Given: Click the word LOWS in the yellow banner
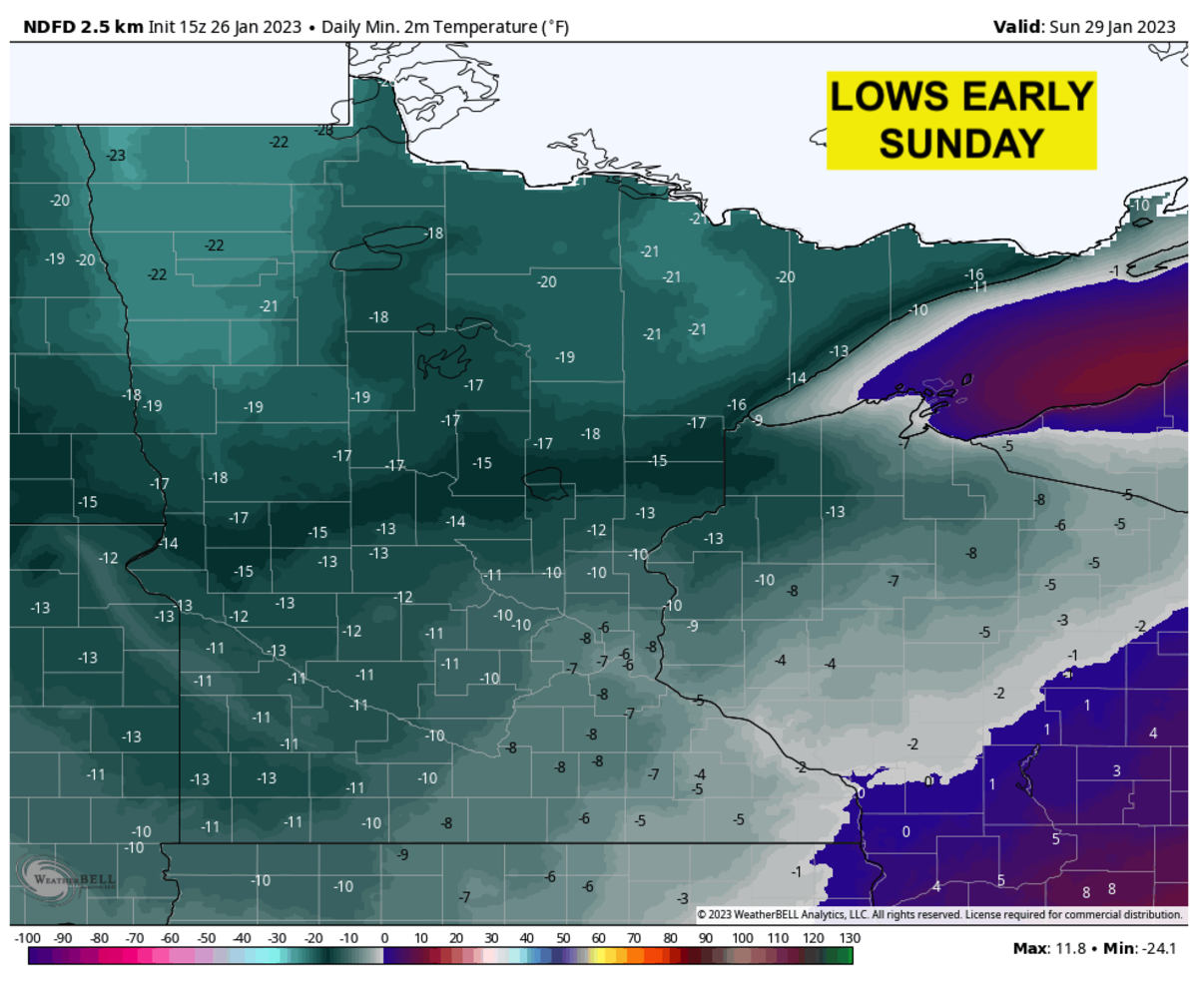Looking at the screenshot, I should tap(884, 98).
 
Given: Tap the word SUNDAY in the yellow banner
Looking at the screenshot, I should tap(961, 144).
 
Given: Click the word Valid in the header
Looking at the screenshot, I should tap(1016, 26).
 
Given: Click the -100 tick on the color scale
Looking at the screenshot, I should tap(28, 938).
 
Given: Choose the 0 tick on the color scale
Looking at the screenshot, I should tap(384, 938).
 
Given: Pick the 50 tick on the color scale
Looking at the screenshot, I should tap(562, 938).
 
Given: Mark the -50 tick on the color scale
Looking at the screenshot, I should tap(206, 938).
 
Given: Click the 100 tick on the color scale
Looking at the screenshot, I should tap(741, 938).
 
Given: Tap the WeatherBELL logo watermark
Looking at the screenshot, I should tap(68, 876).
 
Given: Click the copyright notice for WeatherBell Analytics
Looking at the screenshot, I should tap(938, 914).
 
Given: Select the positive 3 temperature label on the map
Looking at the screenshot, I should tap(1117, 770).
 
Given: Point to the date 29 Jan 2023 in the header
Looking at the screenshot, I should tap(1117, 26).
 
